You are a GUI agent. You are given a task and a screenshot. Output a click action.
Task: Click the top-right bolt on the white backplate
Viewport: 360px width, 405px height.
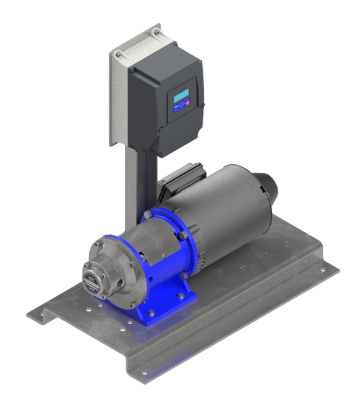click(157, 31)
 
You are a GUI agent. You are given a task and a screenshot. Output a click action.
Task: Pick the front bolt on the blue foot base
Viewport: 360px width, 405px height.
click(150, 312)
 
